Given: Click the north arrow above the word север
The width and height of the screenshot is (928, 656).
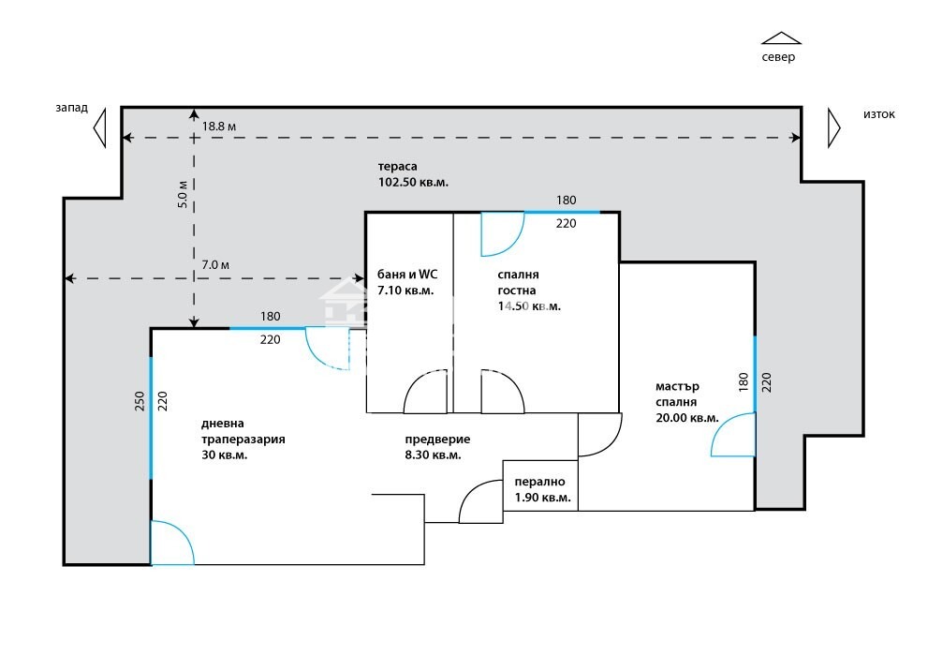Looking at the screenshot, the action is (781, 38).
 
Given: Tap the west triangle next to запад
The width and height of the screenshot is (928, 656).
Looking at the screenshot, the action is (100, 127).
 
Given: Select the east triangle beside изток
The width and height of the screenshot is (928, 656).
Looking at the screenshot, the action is (833, 127).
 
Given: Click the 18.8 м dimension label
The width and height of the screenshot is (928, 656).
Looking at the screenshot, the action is (219, 127).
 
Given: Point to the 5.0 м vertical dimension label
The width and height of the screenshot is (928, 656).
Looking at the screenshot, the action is (183, 194).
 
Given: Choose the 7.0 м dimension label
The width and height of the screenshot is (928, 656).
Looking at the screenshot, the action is (215, 265).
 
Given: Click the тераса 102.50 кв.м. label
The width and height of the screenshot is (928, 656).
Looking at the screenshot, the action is (413, 174).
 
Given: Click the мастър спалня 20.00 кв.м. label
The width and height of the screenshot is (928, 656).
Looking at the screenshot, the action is (687, 402).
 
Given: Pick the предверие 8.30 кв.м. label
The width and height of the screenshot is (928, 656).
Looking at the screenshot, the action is (437, 447).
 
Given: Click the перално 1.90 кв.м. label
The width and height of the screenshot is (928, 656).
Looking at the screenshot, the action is (543, 489).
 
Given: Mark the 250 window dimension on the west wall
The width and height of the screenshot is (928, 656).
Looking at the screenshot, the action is (140, 401).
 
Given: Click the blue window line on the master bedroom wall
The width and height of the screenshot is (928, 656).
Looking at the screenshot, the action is (755, 374).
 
